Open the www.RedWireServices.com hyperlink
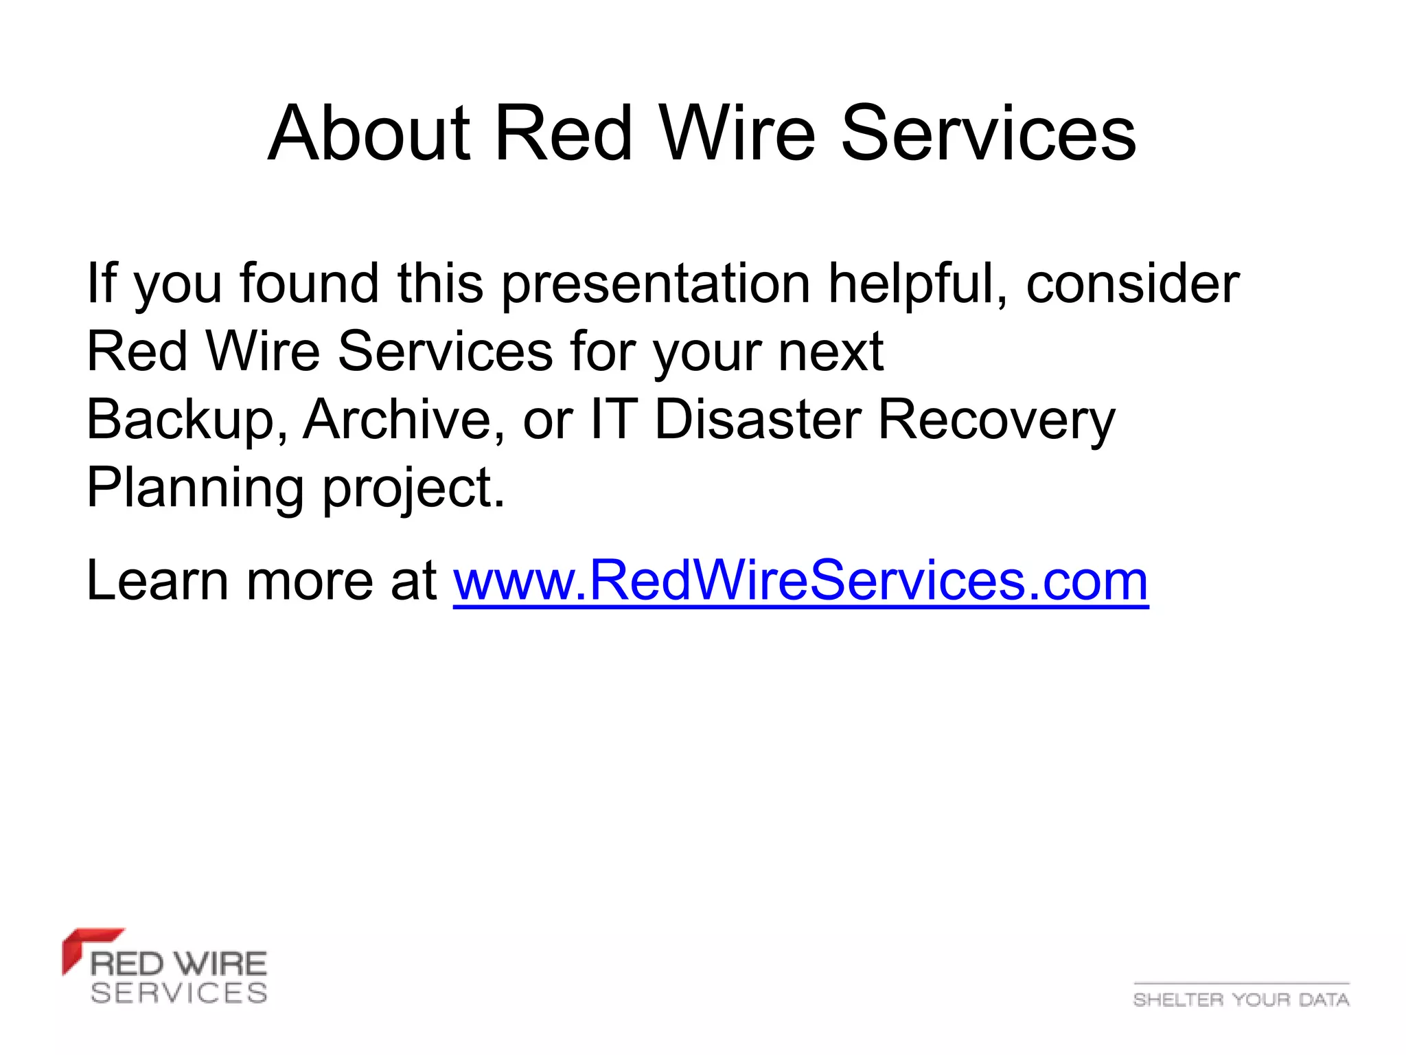click(x=800, y=581)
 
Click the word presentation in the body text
click(x=656, y=284)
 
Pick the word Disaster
click(x=757, y=420)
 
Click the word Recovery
click(x=996, y=420)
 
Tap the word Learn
click(x=157, y=581)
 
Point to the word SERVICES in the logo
click(x=178, y=993)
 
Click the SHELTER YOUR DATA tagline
click(x=1241, y=999)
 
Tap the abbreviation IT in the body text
click(x=612, y=420)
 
